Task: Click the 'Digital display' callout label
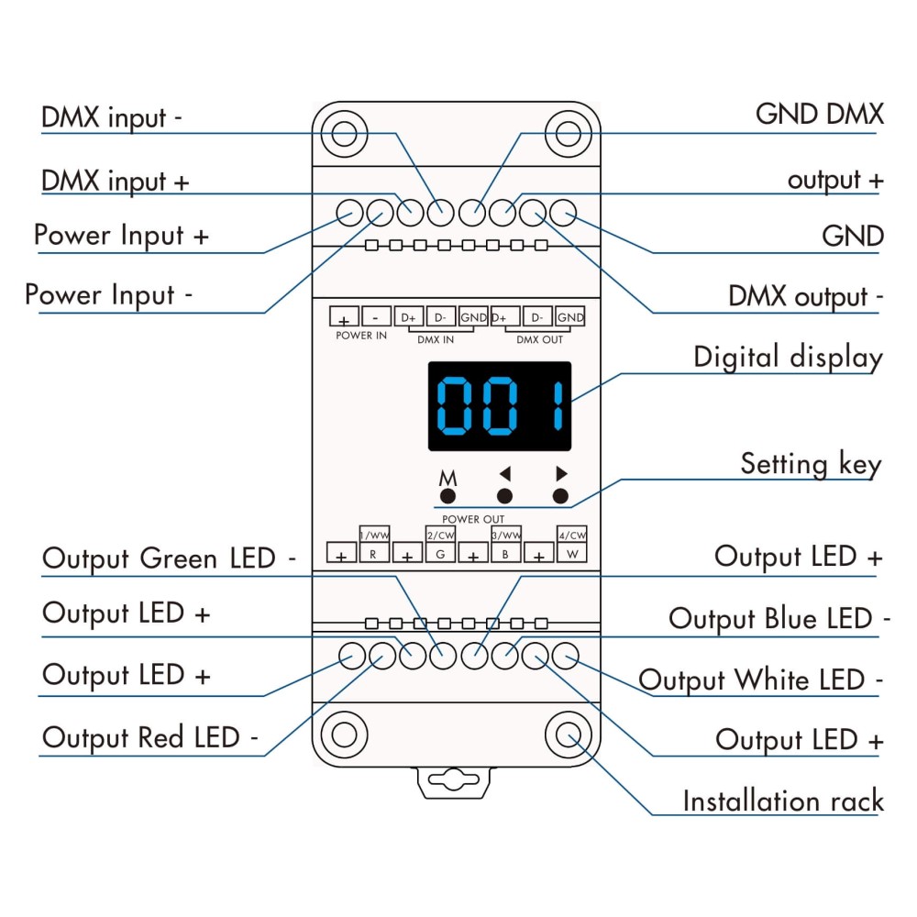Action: tap(788, 356)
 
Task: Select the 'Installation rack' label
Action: tap(782, 801)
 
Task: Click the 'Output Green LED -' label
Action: tap(170, 558)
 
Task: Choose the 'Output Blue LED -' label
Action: tap(779, 619)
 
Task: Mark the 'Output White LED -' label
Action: tap(760, 680)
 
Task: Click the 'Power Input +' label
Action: tap(121, 235)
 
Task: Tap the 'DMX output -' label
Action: tap(805, 297)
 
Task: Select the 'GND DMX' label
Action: tap(819, 115)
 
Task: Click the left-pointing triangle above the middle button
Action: tap(503, 475)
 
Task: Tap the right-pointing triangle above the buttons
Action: tap(561, 474)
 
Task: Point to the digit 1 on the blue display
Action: tap(557, 405)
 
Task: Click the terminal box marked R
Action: tap(372, 554)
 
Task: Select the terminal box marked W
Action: tap(570, 554)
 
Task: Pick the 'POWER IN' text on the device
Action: tap(361, 337)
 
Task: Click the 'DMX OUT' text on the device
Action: tap(539, 339)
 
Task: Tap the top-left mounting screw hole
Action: tap(344, 134)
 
